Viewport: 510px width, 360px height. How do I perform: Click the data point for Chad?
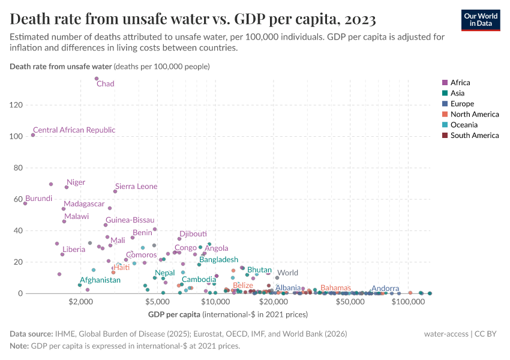pos(97,79)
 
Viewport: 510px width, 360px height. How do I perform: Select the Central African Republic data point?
pos(33,135)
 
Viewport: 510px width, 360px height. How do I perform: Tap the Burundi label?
pos(38,199)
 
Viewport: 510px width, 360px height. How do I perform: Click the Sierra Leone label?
pos(136,187)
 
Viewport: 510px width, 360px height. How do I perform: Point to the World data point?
pos(277,278)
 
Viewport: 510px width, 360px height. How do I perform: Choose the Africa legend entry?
pos(460,83)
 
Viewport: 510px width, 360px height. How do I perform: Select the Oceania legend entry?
pos(464,125)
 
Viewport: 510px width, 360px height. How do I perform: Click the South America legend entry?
pos(474,136)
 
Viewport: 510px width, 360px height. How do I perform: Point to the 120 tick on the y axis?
pos(16,105)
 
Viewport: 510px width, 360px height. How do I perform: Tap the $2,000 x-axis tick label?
pos(79,302)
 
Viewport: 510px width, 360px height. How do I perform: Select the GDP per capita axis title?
pos(173,314)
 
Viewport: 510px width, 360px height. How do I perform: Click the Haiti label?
pos(121,268)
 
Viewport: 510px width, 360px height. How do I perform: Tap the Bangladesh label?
pos(219,260)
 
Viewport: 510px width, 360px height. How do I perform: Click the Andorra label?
pos(385,289)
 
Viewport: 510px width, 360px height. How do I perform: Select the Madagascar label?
pos(84,204)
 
